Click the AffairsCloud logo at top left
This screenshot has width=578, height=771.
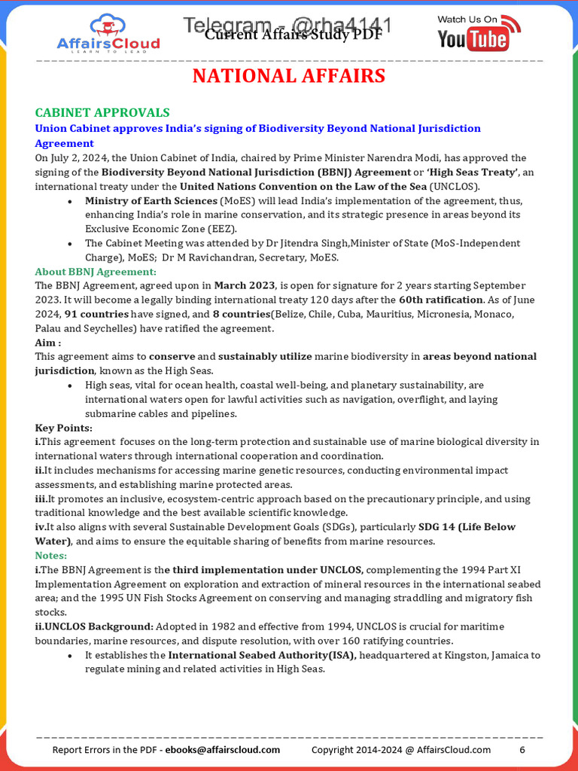[x=109, y=34]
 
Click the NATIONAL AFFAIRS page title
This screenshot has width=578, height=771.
[x=289, y=76]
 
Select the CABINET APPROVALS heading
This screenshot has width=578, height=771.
[x=102, y=112]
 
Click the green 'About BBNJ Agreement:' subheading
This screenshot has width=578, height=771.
[x=96, y=272]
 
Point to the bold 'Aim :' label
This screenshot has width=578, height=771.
[x=47, y=343]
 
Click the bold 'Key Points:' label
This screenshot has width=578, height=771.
[x=63, y=428]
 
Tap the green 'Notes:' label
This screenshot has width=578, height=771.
[x=51, y=556]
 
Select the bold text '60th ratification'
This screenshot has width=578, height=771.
[x=440, y=300]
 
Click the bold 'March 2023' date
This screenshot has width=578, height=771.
[x=245, y=286]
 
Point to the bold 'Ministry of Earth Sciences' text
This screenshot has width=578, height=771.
[x=151, y=201]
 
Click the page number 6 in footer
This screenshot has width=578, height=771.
[x=522, y=750]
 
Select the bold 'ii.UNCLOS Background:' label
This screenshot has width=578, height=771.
[x=94, y=626]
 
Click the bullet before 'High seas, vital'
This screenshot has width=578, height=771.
[x=70, y=385]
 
